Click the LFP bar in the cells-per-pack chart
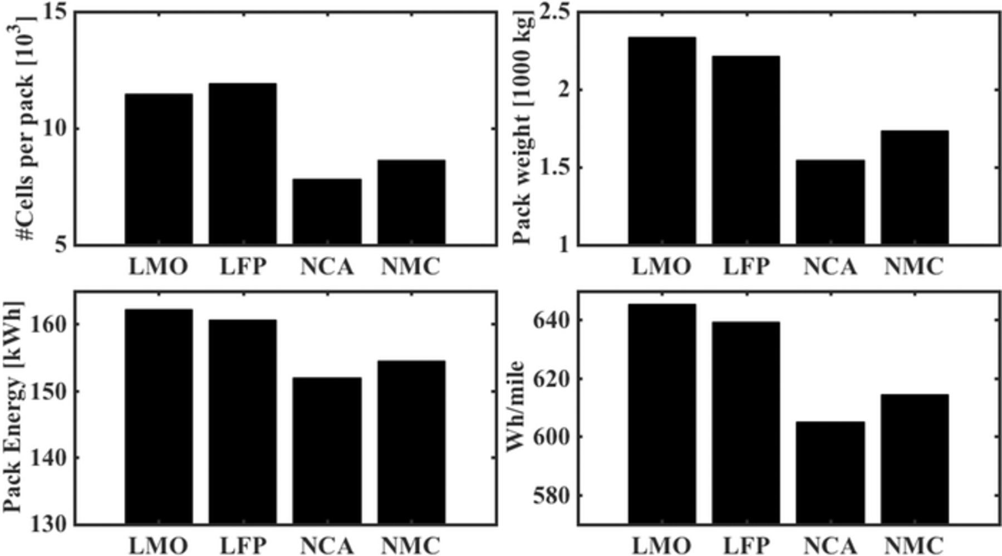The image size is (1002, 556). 242,164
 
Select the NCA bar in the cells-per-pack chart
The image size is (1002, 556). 327,212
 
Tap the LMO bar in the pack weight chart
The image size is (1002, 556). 662,140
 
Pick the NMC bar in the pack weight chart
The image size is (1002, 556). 914,188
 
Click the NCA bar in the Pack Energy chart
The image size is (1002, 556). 327,451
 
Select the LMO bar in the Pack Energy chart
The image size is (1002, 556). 159,417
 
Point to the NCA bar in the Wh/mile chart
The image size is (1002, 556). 830,473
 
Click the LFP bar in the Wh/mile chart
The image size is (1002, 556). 745,423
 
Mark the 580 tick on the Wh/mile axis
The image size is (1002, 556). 551,495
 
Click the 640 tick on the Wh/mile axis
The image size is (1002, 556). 551,320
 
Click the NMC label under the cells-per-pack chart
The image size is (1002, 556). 410,267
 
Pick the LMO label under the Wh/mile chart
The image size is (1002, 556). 661,545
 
